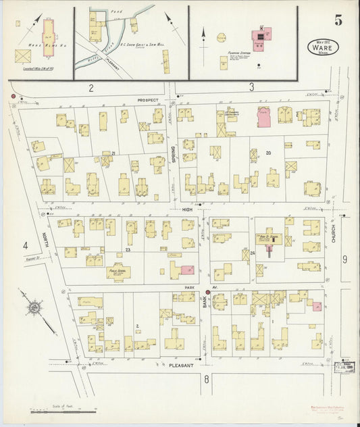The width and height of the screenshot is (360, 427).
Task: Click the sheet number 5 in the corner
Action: coord(338,20)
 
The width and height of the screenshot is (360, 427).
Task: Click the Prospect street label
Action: coord(147,100)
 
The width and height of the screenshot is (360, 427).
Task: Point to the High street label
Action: coord(188,210)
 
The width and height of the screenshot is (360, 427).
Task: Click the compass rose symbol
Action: coord(30,309)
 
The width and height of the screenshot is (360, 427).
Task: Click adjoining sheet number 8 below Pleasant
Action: coord(207,380)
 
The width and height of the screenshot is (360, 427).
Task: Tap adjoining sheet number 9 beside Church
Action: coord(344,259)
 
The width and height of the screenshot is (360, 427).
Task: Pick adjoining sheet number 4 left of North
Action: coord(25,245)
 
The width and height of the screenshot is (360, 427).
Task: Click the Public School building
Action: coord(118,272)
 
